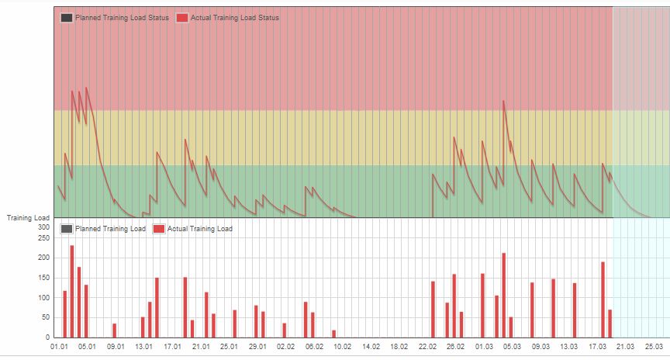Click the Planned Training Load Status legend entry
click(115, 17)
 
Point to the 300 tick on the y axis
click(43, 228)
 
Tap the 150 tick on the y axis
click(43, 278)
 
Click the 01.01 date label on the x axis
click(59, 347)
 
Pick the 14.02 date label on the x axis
click(371, 347)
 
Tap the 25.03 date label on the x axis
click(654, 347)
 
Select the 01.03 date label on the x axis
click(485, 347)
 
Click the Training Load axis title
click(28, 218)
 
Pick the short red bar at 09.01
click(114, 331)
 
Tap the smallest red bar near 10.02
click(333, 334)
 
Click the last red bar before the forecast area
click(610, 324)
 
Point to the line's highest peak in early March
click(503, 101)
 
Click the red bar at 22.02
click(433, 309)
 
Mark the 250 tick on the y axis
click(43, 237)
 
